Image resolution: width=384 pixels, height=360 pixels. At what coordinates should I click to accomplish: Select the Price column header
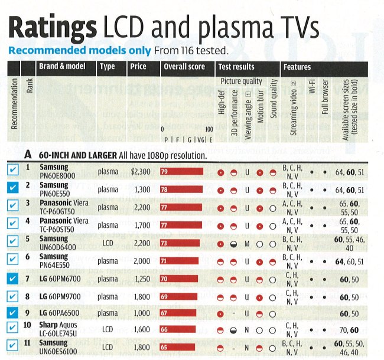tap(138, 67)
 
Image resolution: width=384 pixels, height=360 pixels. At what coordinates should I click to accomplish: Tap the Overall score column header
tap(184, 67)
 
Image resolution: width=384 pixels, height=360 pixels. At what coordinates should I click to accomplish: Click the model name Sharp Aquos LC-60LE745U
tap(59, 329)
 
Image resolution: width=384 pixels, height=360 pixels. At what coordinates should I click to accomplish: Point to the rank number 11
tap(28, 344)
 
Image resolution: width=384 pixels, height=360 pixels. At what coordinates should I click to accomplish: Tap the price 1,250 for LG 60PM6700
tap(141, 277)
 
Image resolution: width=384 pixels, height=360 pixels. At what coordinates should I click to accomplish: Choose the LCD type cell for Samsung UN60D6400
tap(108, 242)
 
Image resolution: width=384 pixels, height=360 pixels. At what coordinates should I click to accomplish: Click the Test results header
tap(236, 67)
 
